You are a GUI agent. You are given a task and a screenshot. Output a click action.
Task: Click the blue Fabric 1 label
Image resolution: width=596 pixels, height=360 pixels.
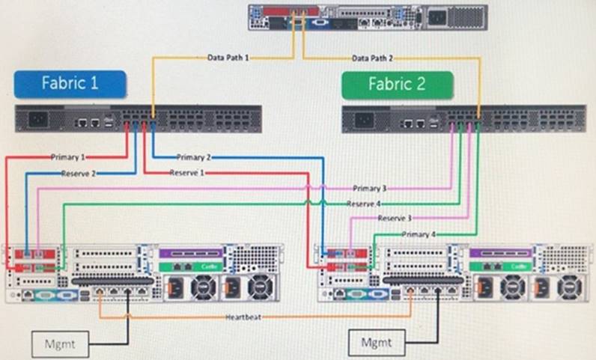click(x=69, y=83)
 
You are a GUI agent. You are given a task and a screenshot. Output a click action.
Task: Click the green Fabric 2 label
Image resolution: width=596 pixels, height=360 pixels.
click(x=397, y=84)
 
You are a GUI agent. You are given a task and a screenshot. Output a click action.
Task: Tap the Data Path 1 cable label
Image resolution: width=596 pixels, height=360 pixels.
click(x=228, y=58)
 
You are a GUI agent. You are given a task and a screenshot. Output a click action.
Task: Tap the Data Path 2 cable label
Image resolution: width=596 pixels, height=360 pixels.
click(x=371, y=58)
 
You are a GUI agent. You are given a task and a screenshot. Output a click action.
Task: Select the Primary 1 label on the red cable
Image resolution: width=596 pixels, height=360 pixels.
click(x=69, y=157)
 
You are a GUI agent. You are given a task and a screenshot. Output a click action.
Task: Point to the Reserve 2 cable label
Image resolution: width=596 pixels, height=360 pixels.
click(x=79, y=173)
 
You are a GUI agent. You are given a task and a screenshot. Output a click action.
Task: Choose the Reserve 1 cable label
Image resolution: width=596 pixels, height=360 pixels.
click(x=187, y=173)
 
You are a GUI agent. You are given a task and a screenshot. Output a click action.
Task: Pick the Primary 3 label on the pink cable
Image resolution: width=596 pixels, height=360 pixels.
click(x=370, y=188)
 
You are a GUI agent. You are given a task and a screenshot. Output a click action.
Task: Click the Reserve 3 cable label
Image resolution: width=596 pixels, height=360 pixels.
click(x=395, y=218)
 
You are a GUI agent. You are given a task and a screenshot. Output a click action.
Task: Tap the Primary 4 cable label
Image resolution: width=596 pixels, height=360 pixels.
click(x=416, y=234)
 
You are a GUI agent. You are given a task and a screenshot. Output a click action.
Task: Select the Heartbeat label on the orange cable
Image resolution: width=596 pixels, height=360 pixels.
click(x=243, y=317)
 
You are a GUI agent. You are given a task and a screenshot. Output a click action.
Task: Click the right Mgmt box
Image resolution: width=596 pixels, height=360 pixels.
click(x=377, y=343)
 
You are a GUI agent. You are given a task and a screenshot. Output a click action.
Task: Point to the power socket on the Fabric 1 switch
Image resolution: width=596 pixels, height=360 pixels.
click(x=37, y=120)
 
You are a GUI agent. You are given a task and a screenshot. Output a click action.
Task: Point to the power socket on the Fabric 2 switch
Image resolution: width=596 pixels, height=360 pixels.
click(x=365, y=120)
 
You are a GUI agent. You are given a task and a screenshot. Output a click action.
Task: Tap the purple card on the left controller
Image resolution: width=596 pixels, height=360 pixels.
click(x=191, y=254)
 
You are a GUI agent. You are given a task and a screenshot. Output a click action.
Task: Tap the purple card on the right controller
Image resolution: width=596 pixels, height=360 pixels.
click(x=500, y=254)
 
